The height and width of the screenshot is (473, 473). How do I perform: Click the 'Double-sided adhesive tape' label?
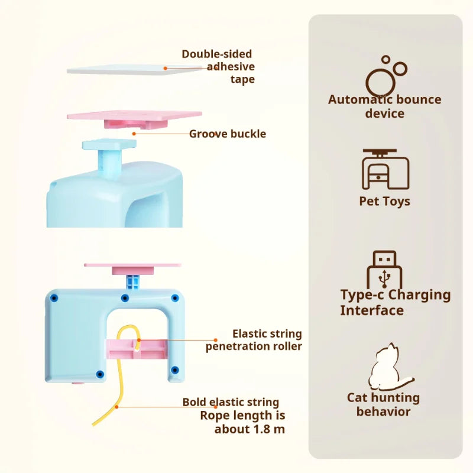[218, 66]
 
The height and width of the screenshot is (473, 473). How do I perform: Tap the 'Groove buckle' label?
[227, 134]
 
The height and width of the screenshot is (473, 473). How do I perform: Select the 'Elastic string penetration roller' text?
[254, 341]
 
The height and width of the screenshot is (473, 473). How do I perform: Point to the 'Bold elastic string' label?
[231, 403]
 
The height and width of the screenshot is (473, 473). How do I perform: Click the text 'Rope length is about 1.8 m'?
[242, 422]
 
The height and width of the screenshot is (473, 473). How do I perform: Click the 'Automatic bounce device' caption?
[385, 106]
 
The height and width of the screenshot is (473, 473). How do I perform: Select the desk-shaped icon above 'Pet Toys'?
[385, 169]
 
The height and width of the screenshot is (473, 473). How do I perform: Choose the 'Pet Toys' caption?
[384, 202]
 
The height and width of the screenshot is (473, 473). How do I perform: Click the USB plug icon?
[384, 270]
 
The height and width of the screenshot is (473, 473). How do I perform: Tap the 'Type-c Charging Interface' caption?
[395, 302]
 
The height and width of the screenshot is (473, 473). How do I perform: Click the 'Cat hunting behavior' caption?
[383, 404]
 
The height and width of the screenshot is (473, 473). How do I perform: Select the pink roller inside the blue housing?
[135, 349]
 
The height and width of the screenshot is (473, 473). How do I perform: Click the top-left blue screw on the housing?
[54, 297]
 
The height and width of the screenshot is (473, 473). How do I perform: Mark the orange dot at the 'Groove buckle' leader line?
[134, 134]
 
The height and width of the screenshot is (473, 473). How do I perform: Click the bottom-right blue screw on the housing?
[174, 370]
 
